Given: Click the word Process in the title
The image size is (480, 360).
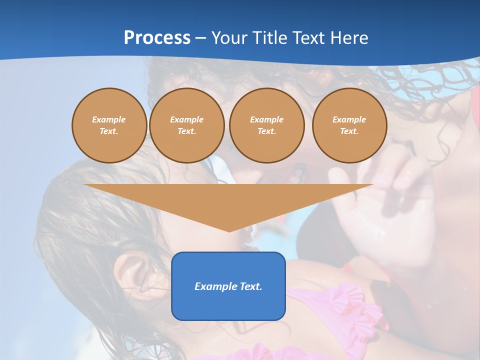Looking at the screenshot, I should point(157,38).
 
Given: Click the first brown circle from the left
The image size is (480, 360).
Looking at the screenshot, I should point(109,125).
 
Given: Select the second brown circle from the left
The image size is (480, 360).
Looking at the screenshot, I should point(186,125).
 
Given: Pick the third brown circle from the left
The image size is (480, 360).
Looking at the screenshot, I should point(266,125).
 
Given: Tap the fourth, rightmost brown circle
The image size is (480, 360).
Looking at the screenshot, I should point(349,125).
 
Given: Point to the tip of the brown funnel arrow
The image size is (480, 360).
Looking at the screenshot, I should point(229,230).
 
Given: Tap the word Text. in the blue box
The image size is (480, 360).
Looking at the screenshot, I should point(251,286).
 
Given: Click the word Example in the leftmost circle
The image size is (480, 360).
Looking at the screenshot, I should point(109,119).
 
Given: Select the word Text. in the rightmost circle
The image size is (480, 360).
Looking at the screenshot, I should point(349,131).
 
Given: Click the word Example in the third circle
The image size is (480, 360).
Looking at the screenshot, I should point(266,119).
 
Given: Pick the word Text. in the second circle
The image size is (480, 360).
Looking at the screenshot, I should point(186,131).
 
